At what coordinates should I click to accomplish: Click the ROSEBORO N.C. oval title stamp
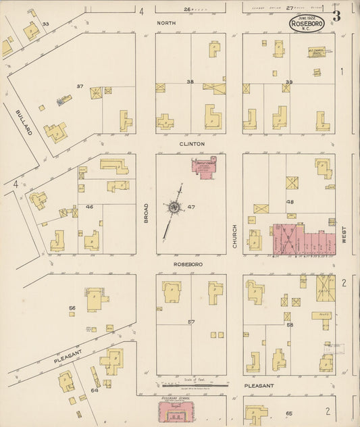tap(307, 24)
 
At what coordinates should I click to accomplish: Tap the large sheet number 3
tap(336, 16)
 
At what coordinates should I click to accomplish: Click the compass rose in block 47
tap(174, 207)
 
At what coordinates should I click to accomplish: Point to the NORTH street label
tap(166, 23)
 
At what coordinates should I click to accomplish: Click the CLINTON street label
tap(191, 144)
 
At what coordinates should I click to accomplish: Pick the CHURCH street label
tap(234, 236)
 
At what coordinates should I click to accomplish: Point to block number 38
tap(190, 82)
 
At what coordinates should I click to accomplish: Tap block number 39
tap(288, 82)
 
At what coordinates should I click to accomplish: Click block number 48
tap(290, 201)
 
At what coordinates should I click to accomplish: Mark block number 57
tap(190, 322)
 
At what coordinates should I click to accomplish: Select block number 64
tap(95, 390)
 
